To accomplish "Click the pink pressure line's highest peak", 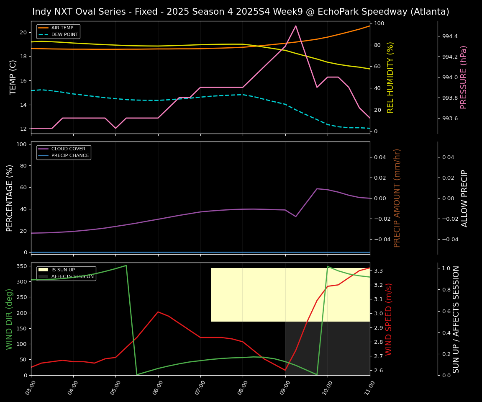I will [296, 26].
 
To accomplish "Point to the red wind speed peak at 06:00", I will [158, 312].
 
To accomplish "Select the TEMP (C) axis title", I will [13, 77].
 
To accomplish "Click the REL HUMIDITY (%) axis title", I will [391, 77].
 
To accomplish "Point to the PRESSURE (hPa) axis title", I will [464, 77].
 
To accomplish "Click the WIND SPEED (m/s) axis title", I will [389, 319].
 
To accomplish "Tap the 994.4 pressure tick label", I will [450, 36].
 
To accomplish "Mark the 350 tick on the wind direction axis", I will [22, 266].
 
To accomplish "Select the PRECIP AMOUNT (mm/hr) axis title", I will [397, 198].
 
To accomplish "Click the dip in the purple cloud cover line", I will [296, 216].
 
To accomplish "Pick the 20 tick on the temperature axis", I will [23, 32].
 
